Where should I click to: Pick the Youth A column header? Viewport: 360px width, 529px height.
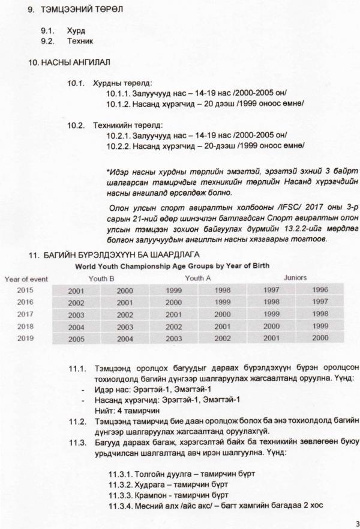[198, 279]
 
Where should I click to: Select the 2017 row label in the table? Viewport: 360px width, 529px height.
[25, 314]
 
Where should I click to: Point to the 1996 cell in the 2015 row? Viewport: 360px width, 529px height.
[320, 291]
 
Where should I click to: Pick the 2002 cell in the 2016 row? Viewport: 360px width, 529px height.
[76, 303]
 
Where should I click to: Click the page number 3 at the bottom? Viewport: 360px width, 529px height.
[356, 522]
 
